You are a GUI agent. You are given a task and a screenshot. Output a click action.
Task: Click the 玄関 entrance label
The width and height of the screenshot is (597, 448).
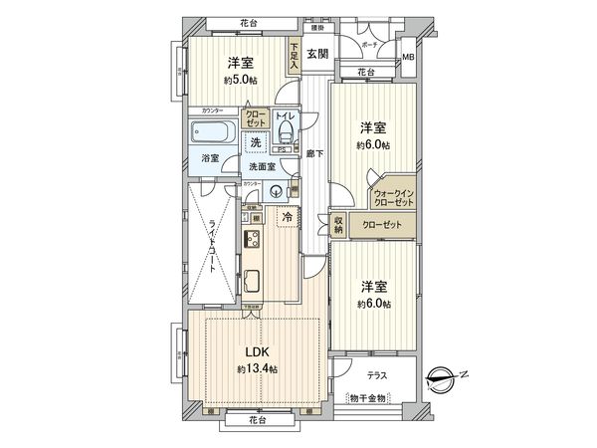point(317,55)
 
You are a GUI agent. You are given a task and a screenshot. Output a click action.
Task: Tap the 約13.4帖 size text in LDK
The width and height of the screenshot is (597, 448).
point(257,369)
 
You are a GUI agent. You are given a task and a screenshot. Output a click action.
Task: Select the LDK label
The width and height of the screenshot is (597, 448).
point(257,351)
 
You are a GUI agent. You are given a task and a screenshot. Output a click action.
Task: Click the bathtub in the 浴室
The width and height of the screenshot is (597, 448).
point(210,132)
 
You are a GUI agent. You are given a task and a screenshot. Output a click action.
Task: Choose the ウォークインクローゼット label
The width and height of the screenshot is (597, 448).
point(394,197)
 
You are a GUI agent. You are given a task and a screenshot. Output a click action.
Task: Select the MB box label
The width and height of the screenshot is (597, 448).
point(408,58)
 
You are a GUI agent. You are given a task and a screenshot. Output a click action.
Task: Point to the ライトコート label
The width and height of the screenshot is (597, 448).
point(212,250)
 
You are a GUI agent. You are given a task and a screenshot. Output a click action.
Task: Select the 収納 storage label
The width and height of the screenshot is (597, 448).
point(338,226)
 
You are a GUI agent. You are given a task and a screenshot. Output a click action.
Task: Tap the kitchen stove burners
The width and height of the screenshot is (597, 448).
point(251,240)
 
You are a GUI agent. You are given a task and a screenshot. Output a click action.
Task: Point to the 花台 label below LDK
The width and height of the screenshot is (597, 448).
point(258,421)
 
